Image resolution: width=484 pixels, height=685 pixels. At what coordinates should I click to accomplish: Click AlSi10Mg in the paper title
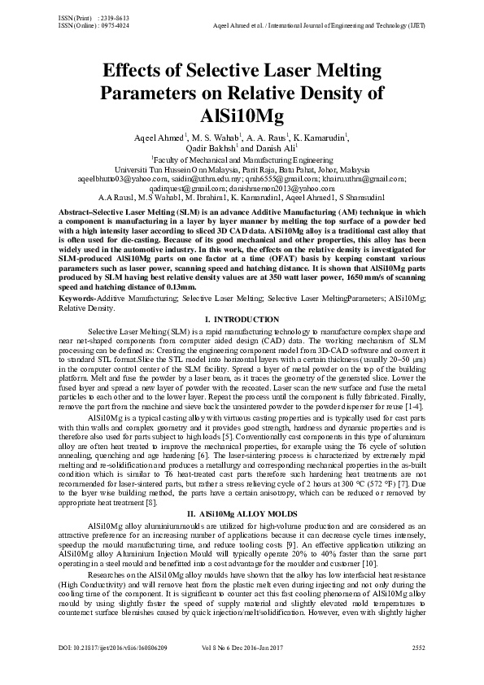coord(242,116)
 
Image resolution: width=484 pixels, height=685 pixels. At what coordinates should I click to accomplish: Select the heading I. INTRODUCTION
coord(242,295)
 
